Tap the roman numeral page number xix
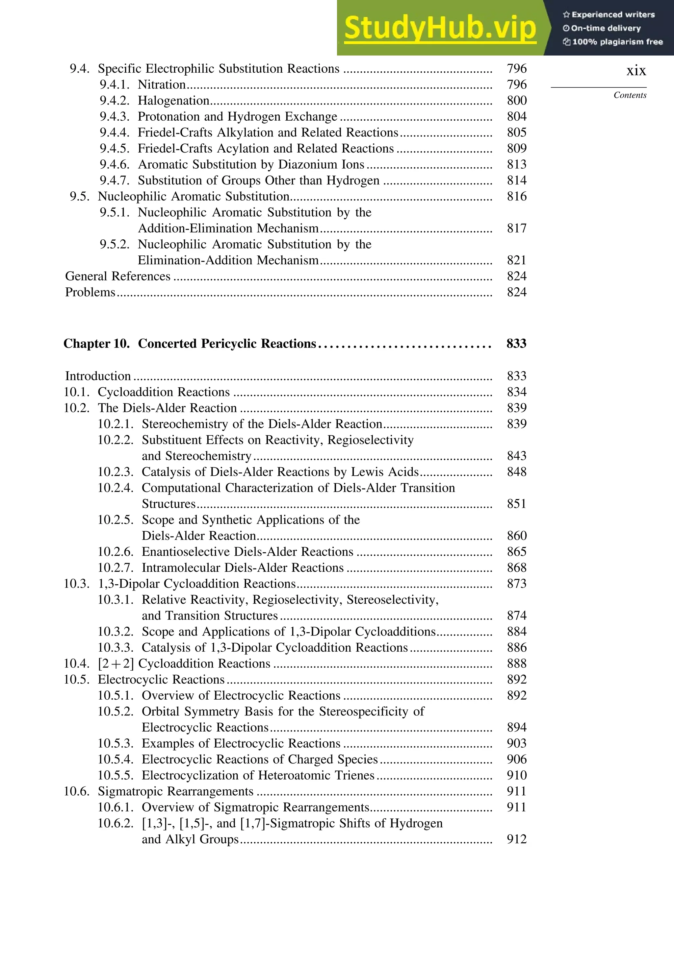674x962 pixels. (x=636, y=70)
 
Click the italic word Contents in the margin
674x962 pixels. (x=630, y=95)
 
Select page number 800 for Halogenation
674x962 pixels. (x=516, y=101)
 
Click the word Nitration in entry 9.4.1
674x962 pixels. (x=162, y=84)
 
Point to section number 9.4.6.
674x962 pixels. (x=115, y=164)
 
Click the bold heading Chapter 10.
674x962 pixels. (x=96, y=344)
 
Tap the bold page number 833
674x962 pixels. (x=516, y=344)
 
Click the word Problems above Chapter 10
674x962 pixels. (x=90, y=292)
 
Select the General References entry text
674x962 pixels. (x=117, y=276)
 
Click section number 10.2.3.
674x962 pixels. (x=116, y=472)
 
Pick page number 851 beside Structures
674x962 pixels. (x=516, y=504)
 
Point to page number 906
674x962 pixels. (x=516, y=759)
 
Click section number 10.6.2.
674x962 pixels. (x=116, y=823)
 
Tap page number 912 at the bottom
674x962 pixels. (x=516, y=839)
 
